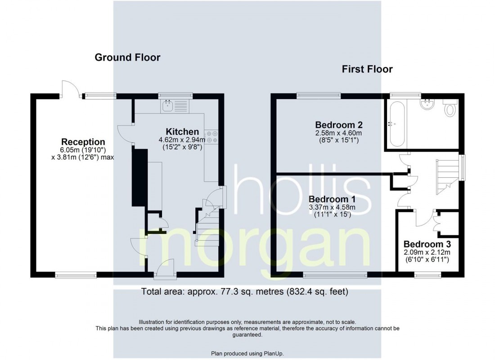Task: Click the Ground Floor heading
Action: pos(127,58)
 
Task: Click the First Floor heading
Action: pos(367,69)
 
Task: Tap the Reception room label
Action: pos(83,142)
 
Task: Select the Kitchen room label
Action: pos(182,132)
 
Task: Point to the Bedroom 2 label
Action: pos(339,125)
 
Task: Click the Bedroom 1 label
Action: pos(332,199)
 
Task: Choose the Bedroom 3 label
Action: pos(427,244)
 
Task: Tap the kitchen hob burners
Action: pos(211,137)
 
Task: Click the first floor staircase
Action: pos(447,177)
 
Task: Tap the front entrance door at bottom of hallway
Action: pos(165,270)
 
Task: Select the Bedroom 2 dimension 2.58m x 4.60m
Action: pos(339,133)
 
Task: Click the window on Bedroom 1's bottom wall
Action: pos(335,275)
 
